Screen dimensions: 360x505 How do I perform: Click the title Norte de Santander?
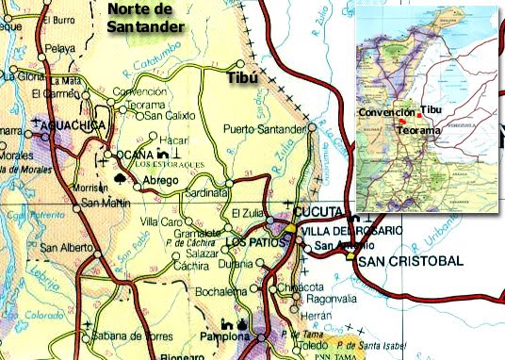tap(155, 17)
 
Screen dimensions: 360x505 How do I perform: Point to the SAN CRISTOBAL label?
tap(411, 260)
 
